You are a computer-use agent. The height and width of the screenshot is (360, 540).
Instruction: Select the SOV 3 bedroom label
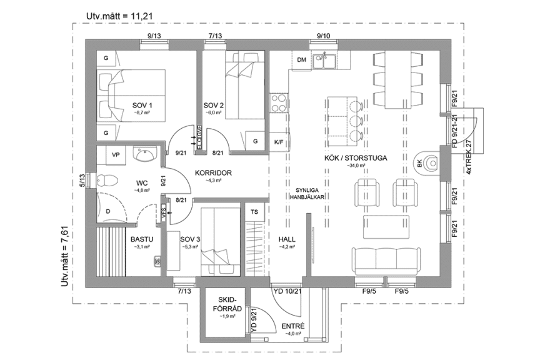click(190, 239)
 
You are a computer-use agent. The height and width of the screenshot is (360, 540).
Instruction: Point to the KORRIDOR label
click(214, 172)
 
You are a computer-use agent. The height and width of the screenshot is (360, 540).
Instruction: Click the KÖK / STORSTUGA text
click(355, 158)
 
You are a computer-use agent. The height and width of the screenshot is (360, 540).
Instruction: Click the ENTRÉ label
click(292, 326)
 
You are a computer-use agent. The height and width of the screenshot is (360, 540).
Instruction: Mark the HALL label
click(287, 239)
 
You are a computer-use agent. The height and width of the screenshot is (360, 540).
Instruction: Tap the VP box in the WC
click(116, 154)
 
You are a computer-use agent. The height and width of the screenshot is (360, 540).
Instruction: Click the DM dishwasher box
click(301, 60)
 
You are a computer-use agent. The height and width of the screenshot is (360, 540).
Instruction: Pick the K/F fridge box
click(278, 142)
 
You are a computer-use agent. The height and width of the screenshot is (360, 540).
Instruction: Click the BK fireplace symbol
click(427, 164)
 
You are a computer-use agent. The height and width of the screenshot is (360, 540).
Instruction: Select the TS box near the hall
click(254, 212)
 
